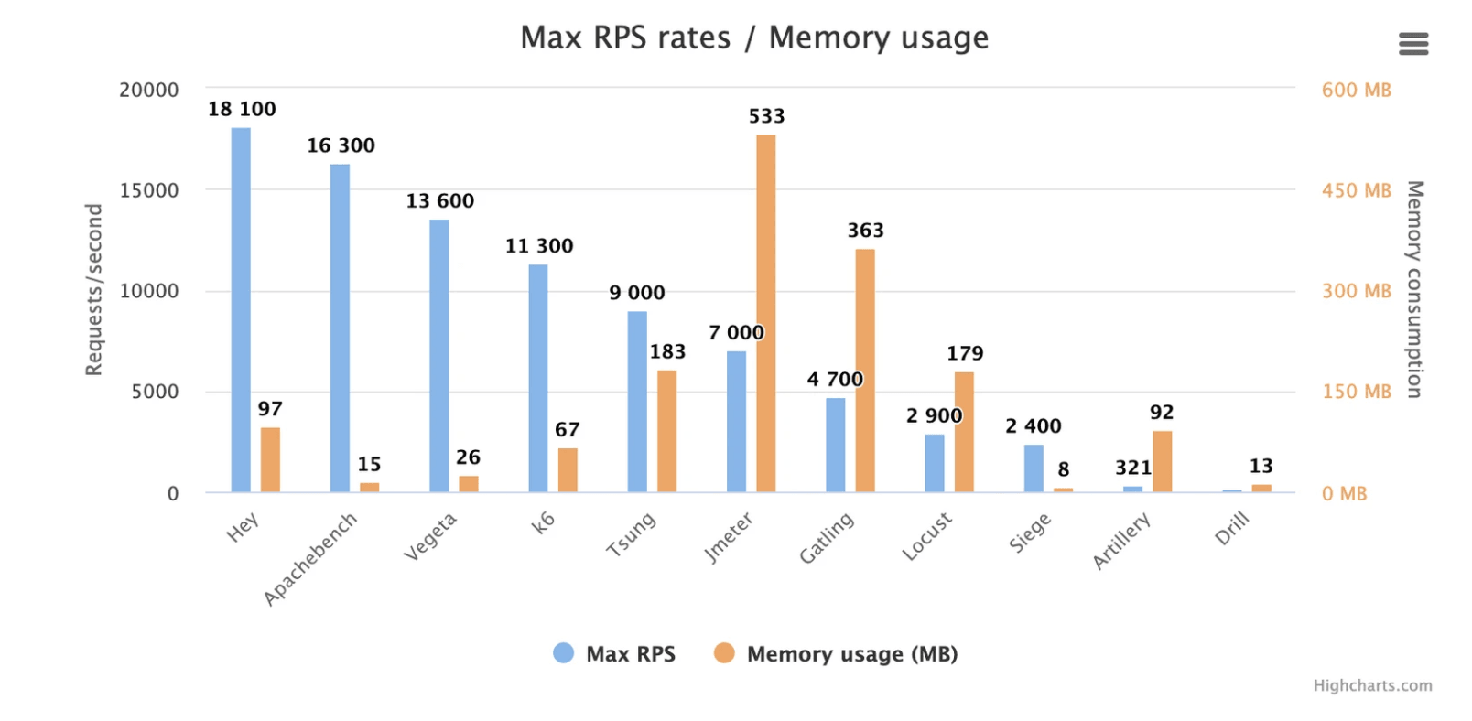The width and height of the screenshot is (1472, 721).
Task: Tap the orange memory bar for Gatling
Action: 864,371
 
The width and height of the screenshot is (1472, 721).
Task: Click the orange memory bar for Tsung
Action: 666,431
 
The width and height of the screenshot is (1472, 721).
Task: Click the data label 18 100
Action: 242,109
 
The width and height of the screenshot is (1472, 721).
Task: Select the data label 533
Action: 766,116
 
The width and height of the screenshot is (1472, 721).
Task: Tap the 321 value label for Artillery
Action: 1132,468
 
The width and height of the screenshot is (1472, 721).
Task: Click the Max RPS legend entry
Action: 615,654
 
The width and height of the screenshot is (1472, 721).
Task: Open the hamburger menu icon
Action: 1413,44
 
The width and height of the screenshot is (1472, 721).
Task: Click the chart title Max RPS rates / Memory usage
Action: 754,38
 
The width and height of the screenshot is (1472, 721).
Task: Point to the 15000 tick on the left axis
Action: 149,190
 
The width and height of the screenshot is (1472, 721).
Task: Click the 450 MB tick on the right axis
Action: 1356,190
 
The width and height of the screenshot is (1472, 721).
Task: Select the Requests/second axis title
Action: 93,289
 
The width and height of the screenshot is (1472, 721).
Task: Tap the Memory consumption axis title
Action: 1414,289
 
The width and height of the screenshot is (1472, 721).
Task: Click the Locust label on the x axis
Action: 926,536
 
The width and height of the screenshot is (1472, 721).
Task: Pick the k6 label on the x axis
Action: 543,522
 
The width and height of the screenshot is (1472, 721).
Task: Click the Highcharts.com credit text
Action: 1372,685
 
